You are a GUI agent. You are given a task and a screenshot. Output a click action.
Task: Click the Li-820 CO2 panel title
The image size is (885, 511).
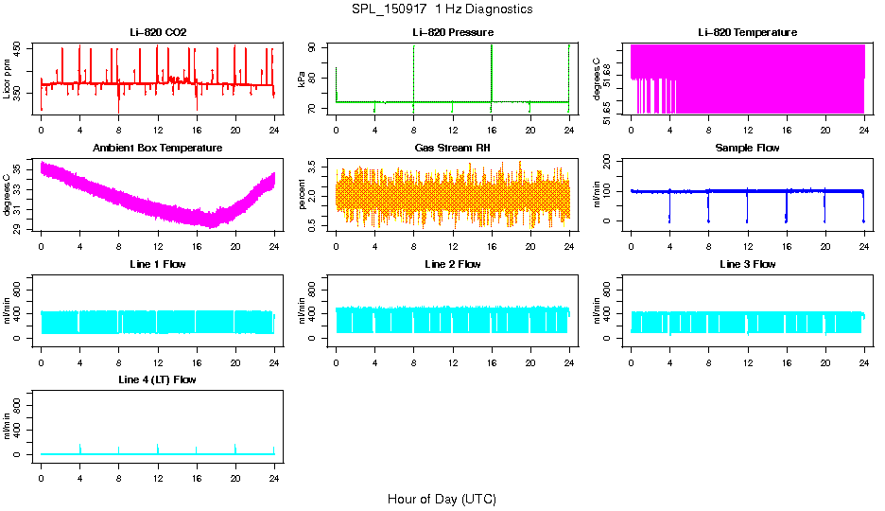158,32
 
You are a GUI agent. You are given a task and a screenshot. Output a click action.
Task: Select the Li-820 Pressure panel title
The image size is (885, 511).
452,32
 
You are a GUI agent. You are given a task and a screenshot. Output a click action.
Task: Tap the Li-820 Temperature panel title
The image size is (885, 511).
747,32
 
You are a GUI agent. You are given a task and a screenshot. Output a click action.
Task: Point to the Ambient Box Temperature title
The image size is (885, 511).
158,149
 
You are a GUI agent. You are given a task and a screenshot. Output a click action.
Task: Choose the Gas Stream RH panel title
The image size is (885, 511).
452,149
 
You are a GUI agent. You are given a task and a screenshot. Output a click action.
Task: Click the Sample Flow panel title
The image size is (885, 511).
747,149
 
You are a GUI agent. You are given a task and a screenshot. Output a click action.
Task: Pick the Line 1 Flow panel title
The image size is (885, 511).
158,264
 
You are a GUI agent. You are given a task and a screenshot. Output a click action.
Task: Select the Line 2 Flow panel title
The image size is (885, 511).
452,264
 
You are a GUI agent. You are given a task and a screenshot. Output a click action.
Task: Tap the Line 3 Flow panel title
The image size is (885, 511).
747,264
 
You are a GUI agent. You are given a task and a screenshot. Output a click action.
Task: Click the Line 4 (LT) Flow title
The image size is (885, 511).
158,379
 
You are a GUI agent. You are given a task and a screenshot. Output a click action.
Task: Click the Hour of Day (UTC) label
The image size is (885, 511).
442,499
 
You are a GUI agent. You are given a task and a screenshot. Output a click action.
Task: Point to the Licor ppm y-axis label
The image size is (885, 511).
8,79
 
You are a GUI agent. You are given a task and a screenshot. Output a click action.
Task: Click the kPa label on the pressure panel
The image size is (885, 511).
303,79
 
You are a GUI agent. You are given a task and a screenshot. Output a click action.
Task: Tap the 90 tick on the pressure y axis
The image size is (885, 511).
319,46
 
